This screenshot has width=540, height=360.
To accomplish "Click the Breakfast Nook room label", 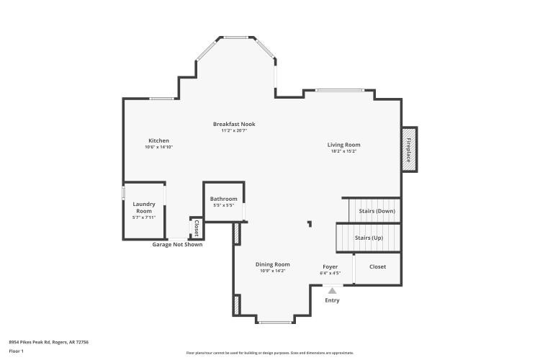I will (x=233, y=124).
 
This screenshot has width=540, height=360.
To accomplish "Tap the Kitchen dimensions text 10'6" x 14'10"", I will (x=158, y=147).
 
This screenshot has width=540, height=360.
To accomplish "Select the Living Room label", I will (x=343, y=145).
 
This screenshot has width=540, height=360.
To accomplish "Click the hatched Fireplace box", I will (x=408, y=149).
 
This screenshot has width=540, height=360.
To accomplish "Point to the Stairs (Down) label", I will (x=376, y=211).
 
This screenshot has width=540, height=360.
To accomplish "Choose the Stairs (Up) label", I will (x=369, y=237).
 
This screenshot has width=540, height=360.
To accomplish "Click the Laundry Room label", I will (x=144, y=207).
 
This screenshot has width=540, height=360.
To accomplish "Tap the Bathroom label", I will (x=223, y=199).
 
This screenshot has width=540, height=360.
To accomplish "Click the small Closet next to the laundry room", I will (x=195, y=228).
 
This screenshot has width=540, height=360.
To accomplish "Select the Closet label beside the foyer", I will (x=377, y=266).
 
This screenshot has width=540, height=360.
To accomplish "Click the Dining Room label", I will (x=273, y=264).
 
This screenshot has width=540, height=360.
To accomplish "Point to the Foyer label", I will (x=330, y=266).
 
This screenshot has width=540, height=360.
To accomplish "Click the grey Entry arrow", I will (x=332, y=290).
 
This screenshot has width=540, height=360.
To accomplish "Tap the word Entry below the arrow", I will (x=332, y=300).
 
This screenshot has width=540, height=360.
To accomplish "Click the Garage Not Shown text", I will (x=177, y=245).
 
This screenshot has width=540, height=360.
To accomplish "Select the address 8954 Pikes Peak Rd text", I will (x=49, y=342).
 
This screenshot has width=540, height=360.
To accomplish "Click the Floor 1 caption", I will (x=16, y=351).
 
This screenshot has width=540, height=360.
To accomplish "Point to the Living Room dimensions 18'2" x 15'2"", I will (x=343, y=151).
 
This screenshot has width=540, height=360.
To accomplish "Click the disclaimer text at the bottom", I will (x=270, y=353).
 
